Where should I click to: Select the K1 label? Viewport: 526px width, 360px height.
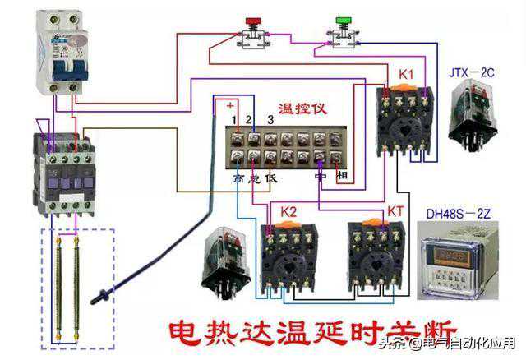[406, 75]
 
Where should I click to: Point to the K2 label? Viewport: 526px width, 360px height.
[288, 212]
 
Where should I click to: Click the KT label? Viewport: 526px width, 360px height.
[396, 212]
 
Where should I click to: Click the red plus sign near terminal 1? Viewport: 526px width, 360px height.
[231, 106]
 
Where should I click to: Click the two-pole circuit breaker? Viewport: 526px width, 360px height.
[59, 53]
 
